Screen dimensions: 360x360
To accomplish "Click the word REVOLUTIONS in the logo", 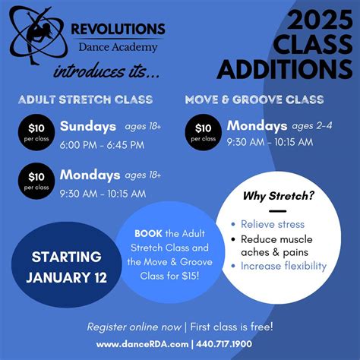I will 117,30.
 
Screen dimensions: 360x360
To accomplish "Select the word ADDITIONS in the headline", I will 285,69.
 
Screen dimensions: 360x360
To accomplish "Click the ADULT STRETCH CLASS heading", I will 85,99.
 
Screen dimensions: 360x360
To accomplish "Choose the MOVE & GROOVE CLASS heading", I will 254,99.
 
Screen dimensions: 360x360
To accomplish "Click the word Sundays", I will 88,125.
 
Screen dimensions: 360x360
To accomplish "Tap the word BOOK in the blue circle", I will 148,233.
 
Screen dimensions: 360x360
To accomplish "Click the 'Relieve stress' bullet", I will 272,224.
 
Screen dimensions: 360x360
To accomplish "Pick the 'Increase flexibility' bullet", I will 283,266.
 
